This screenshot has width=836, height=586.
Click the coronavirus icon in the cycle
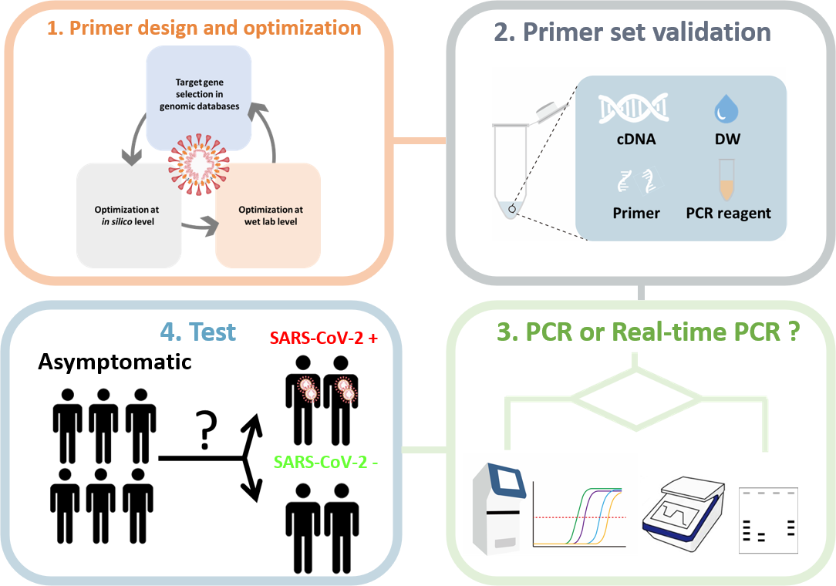[x=199, y=162]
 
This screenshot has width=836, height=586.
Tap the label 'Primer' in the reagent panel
[x=636, y=213]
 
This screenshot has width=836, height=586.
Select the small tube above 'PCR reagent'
[x=726, y=177]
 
